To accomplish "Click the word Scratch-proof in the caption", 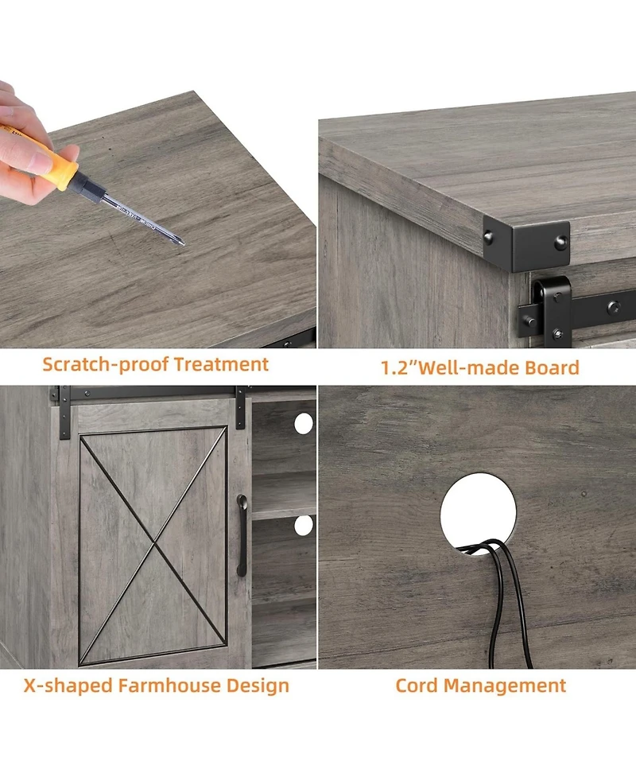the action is (106, 365).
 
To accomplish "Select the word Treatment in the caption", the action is (221, 364).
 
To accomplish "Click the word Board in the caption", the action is (552, 367).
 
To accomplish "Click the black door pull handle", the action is (242, 535).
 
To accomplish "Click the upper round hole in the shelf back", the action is (304, 424).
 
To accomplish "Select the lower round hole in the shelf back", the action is (304, 525).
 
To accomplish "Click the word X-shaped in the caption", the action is (68, 686).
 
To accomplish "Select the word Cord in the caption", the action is (417, 686).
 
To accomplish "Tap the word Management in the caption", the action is (505, 686).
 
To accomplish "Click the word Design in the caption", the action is (258, 686).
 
